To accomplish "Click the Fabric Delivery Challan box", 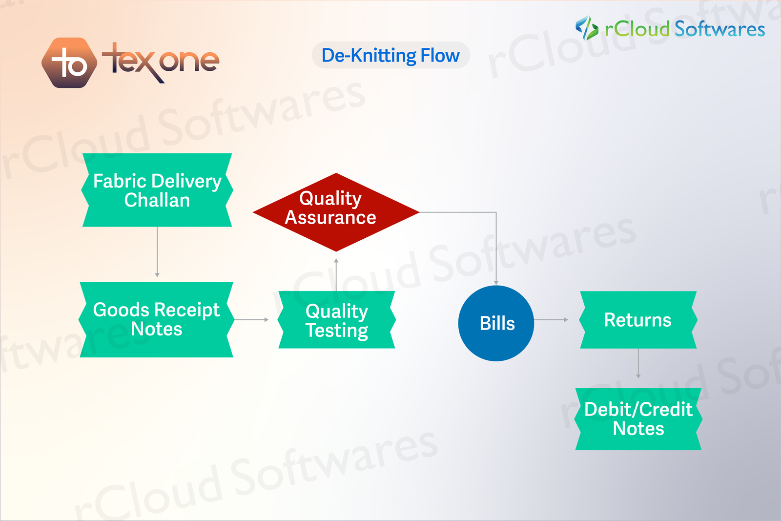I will point(157,190).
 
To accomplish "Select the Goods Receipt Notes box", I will point(156,320).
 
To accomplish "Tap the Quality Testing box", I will point(337,320).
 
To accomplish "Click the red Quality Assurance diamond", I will point(336,212).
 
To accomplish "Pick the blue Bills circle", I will point(496,323).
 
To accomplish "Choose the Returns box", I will point(638,320).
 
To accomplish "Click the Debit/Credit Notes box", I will point(638,419).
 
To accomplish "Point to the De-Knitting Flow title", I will point(390,55).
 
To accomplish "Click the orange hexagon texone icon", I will point(69,63).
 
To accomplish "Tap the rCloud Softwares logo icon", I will point(586,28).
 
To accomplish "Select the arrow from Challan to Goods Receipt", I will point(157,252).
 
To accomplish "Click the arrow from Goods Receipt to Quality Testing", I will point(251,320).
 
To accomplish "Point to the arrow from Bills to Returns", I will point(551,320).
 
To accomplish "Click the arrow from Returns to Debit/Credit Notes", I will point(638,364).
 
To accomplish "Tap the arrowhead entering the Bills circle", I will point(496,282).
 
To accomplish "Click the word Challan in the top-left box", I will point(157,201).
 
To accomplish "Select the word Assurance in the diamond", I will point(330,218).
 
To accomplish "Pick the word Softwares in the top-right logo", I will point(719,29).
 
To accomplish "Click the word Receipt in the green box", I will point(187,310).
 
